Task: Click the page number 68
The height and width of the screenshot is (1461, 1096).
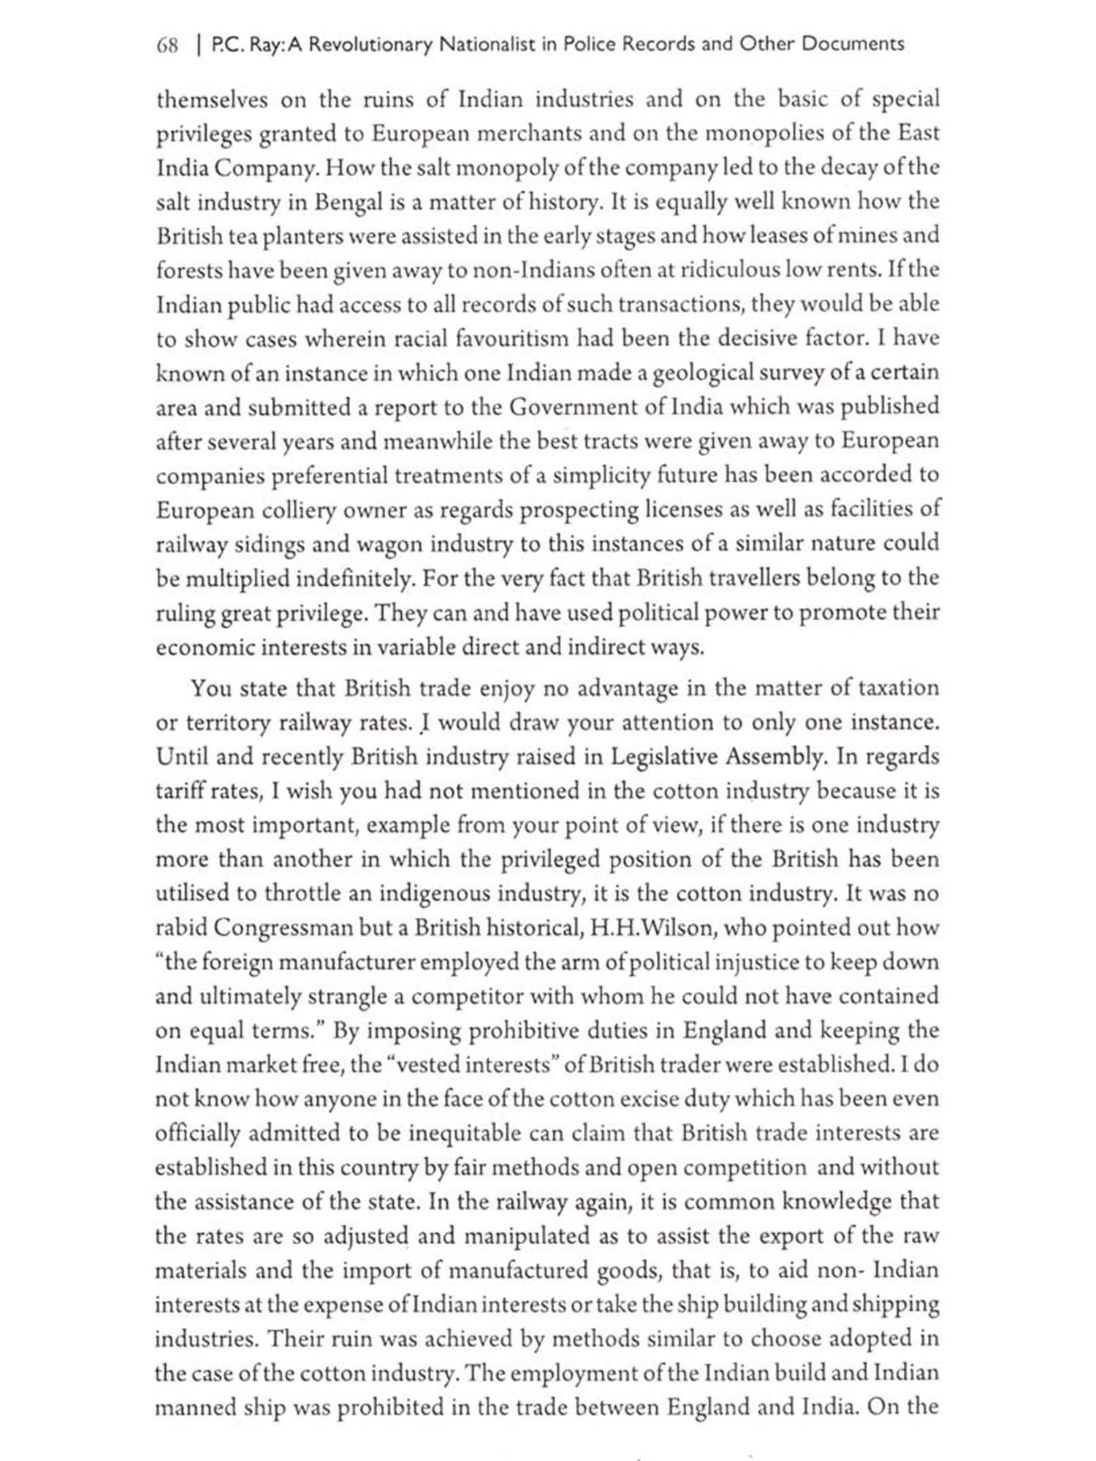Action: pyautogui.click(x=167, y=45)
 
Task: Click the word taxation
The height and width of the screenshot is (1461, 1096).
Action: pyautogui.click(x=897, y=688)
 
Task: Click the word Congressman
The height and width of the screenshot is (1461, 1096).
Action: pyautogui.click(x=283, y=928)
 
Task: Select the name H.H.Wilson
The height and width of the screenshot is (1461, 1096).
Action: pyautogui.click(x=650, y=928)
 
